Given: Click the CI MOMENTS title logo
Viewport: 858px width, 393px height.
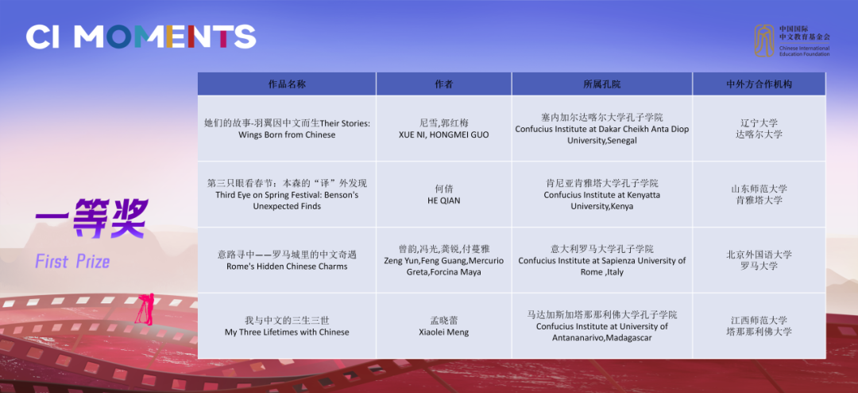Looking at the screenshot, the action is point(141,37).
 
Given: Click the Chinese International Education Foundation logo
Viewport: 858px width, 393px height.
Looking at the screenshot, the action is point(792,41).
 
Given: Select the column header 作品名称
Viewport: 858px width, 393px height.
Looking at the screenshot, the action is point(287,84).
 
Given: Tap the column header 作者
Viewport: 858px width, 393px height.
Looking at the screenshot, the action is point(444,84).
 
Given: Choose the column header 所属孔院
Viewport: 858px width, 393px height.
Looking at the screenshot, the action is point(602,84).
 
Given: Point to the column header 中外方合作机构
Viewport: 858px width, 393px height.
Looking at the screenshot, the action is point(759,84).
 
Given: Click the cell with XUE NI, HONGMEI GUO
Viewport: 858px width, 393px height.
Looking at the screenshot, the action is point(444,128).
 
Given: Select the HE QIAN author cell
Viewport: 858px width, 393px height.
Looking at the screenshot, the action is point(444,195).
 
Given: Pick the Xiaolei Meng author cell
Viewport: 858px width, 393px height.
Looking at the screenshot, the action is point(444,326).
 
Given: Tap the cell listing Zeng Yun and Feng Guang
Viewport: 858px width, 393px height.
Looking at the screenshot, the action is point(444,260).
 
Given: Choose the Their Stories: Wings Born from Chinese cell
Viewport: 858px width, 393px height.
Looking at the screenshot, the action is point(287,128).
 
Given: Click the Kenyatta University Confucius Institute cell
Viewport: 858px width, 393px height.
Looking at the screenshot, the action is point(602,195).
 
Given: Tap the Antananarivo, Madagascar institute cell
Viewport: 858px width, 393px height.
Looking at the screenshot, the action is point(602,326).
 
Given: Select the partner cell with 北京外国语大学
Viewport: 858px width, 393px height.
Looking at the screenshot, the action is point(759,260).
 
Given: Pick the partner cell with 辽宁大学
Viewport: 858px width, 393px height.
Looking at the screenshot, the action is point(759,128).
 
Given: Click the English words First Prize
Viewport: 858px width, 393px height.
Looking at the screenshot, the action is point(73,262).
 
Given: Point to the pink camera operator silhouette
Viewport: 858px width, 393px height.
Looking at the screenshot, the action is point(145,309).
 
